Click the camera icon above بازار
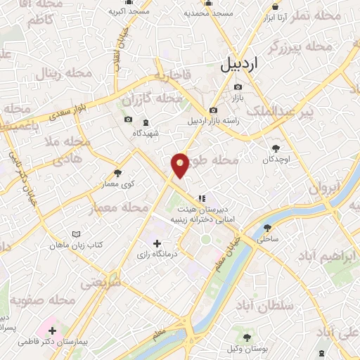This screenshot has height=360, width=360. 238,87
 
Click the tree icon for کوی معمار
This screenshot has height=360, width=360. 117,174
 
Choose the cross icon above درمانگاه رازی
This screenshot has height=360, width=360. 157,243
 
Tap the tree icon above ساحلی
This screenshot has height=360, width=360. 267,227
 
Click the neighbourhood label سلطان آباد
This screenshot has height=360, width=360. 266,307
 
